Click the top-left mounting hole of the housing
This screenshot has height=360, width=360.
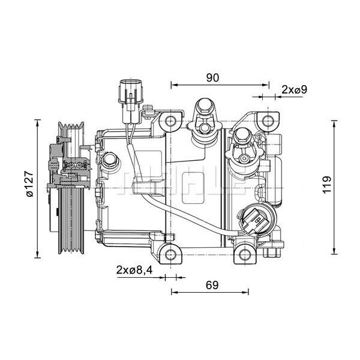pos(172,122)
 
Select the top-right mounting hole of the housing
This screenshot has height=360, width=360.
pos(266,122)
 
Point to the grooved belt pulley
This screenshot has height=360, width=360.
pos(71,186)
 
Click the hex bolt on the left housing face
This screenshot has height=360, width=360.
pos(109,161)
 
